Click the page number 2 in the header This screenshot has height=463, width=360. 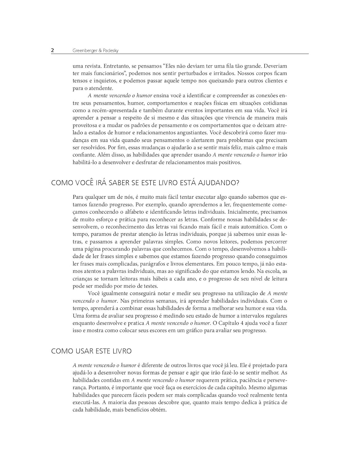[x=53, y=50]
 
